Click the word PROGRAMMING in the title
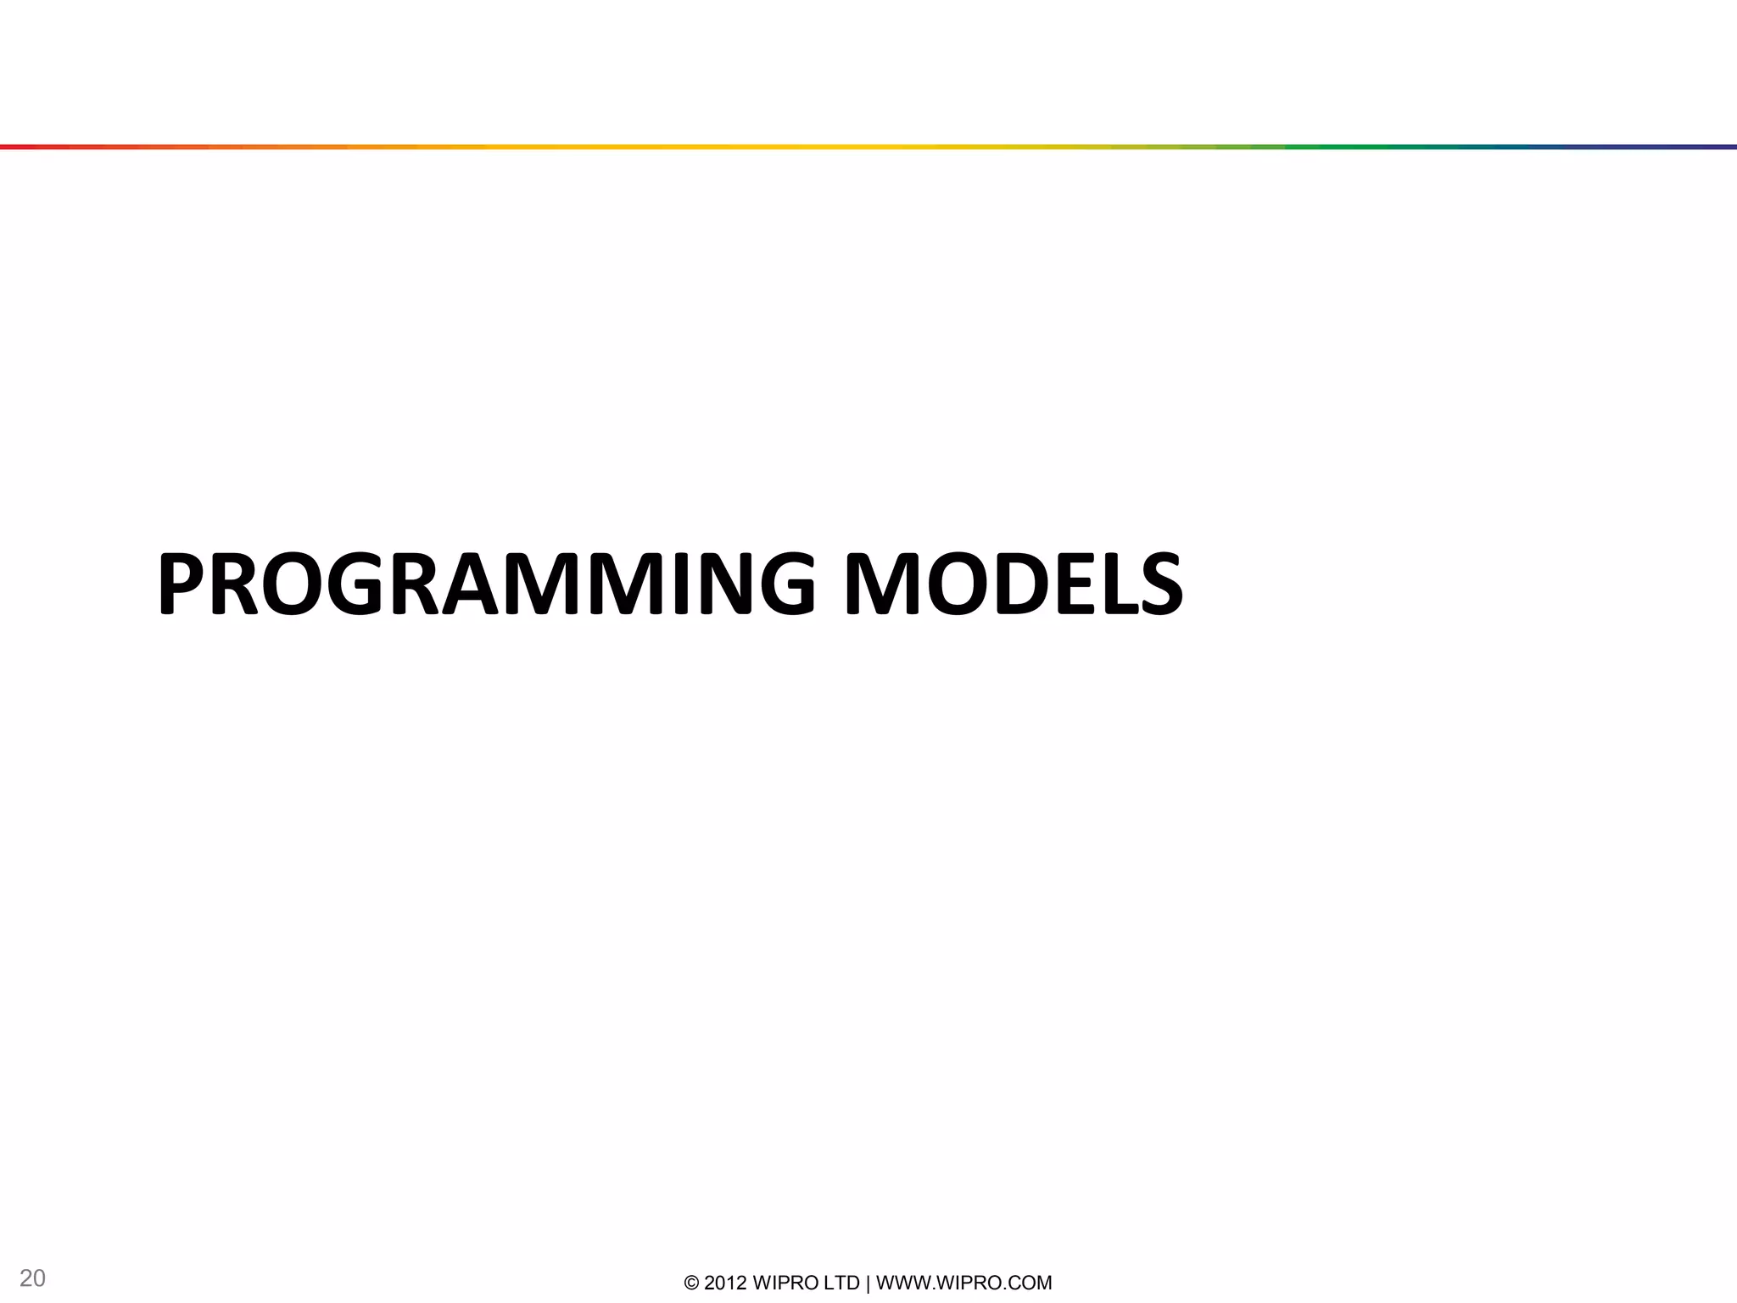tap(486, 584)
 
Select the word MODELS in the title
tap(1014, 584)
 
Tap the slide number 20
tap(32, 1278)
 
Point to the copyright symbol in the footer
tap(691, 1283)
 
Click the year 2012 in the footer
tap(725, 1283)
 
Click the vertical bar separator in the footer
tap(868, 1283)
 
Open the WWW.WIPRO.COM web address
tap(963, 1283)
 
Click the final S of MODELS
tap(1160, 584)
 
